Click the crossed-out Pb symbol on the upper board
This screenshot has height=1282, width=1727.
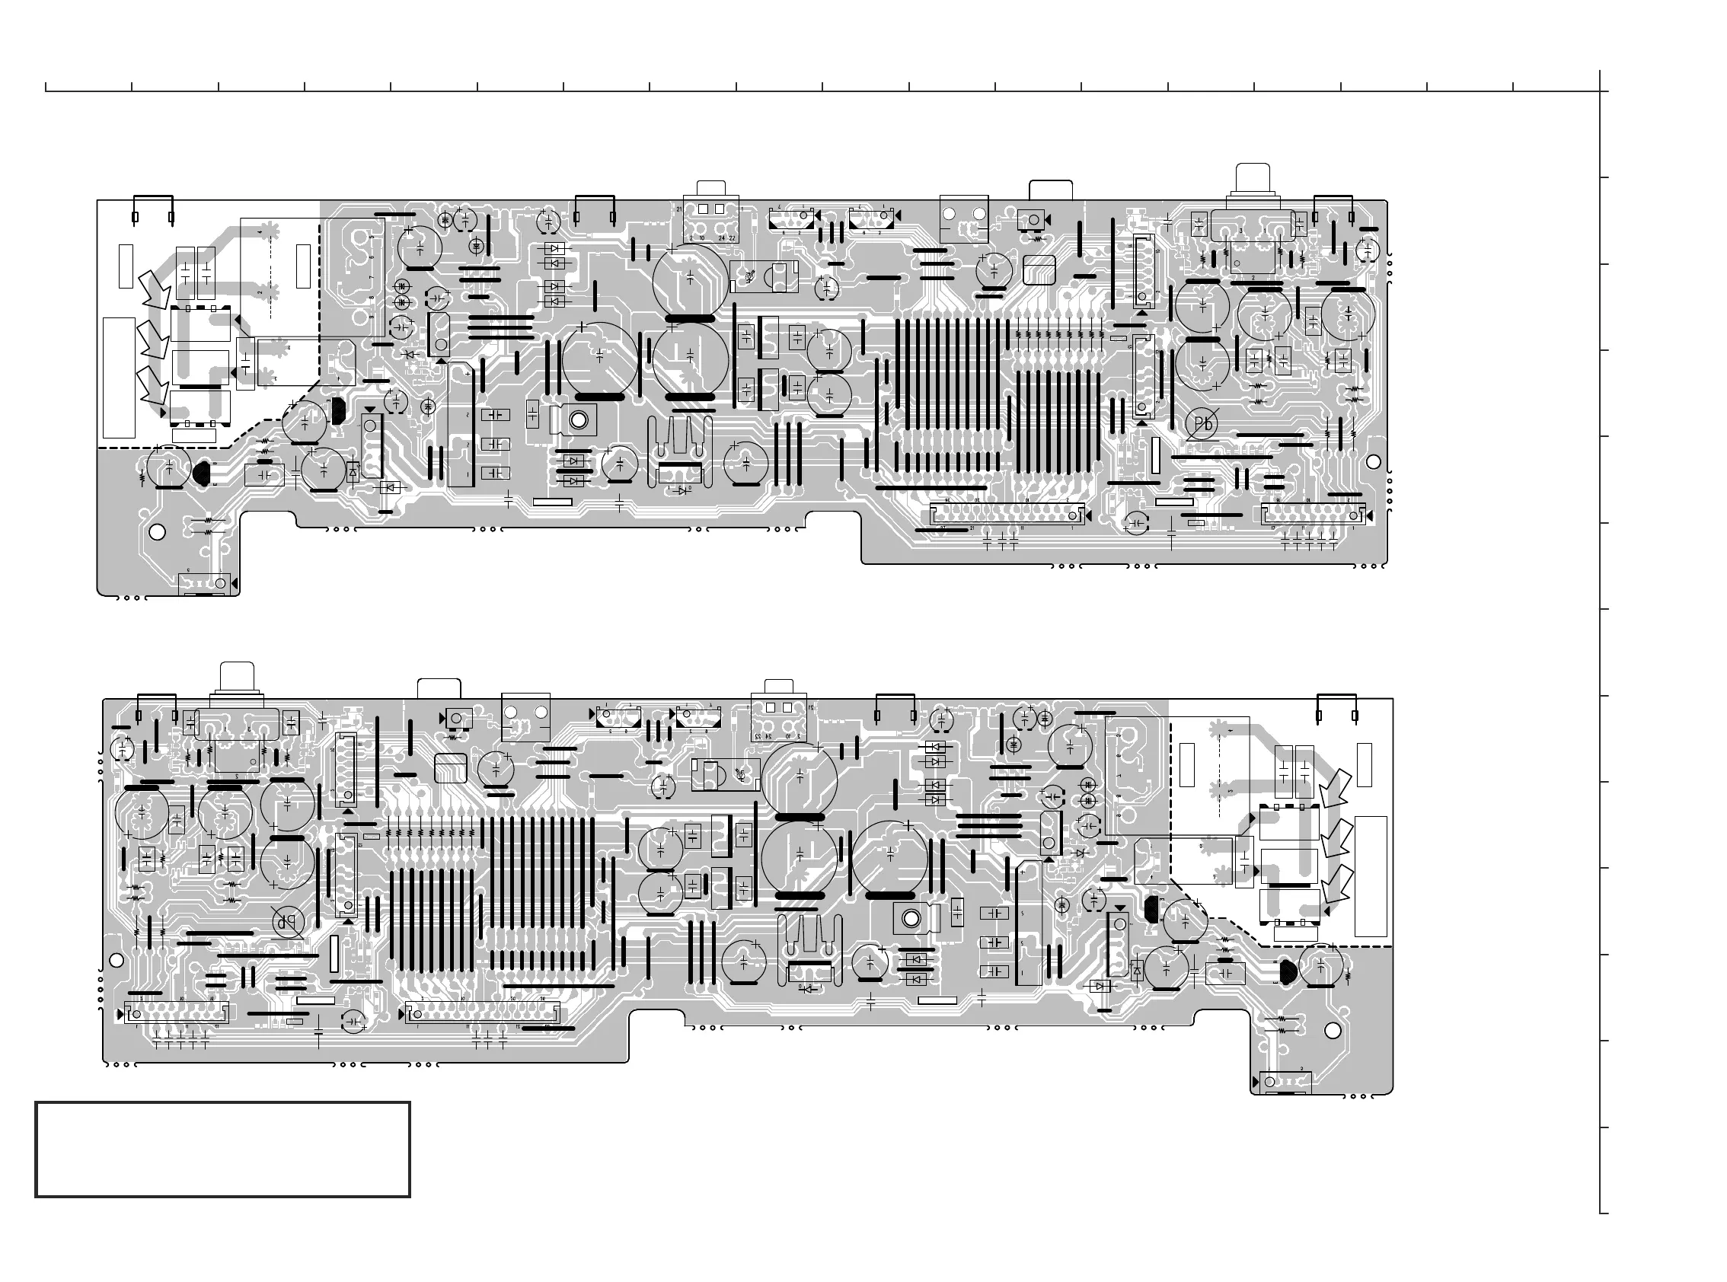coord(1202,424)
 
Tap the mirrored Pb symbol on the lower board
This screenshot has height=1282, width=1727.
coord(288,923)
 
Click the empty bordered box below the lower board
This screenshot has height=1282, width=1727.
coord(223,1150)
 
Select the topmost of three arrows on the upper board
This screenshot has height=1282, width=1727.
coord(155,289)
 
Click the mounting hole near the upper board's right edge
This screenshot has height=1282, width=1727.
coord(1373,463)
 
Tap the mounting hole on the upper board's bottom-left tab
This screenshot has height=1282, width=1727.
coord(157,532)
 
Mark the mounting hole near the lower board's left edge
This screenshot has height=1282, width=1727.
coord(117,961)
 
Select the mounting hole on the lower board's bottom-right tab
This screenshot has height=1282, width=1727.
coord(1333,1031)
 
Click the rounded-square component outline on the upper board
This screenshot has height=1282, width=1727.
coord(1040,269)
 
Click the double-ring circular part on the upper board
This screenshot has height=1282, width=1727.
coord(578,419)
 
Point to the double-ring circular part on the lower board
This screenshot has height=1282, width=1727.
coord(911,920)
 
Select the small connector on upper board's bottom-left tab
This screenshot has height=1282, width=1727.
coord(205,584)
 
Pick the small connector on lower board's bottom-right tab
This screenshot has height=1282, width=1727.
coord(1285,1082)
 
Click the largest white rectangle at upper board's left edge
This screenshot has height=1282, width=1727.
coord(119,377)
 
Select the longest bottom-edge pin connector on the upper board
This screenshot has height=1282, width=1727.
coord(1007,514)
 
